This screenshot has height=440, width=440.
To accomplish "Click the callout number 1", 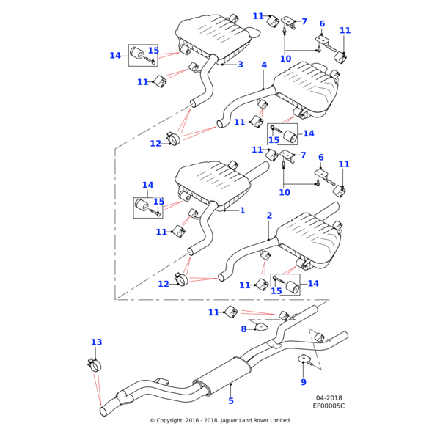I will coord(243,210).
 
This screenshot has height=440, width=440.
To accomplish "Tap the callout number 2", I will coord(269,216).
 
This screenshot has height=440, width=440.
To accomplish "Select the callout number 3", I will coord(240,65).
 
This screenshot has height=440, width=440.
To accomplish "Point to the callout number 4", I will coord(264,65).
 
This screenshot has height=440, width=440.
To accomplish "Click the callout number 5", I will coord(230,401).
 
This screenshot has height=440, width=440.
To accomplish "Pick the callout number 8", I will coord(244,329).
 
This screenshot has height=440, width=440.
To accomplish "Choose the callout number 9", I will coord(304,382).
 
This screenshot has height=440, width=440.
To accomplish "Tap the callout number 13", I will coord(97,342).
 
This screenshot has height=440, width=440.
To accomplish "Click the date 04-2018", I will coord(329,398).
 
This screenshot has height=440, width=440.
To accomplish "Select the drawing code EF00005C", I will coord(329,406).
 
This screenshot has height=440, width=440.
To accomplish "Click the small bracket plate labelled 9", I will coord(303,359).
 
